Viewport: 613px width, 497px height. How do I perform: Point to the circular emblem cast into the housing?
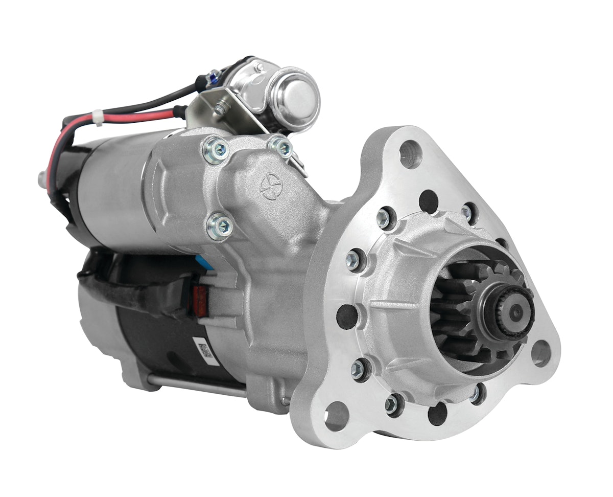click(271, 187)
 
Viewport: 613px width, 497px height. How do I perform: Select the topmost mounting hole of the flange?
click(410, 154)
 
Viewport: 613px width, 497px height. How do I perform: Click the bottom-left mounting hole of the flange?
click(337, 417)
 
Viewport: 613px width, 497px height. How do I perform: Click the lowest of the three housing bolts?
click(220, 226)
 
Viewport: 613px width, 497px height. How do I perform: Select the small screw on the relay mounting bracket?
click(220, 108)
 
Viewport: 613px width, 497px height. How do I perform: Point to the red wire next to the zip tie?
click(133, 115)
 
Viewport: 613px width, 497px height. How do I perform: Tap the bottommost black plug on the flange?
click(437, 413)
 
